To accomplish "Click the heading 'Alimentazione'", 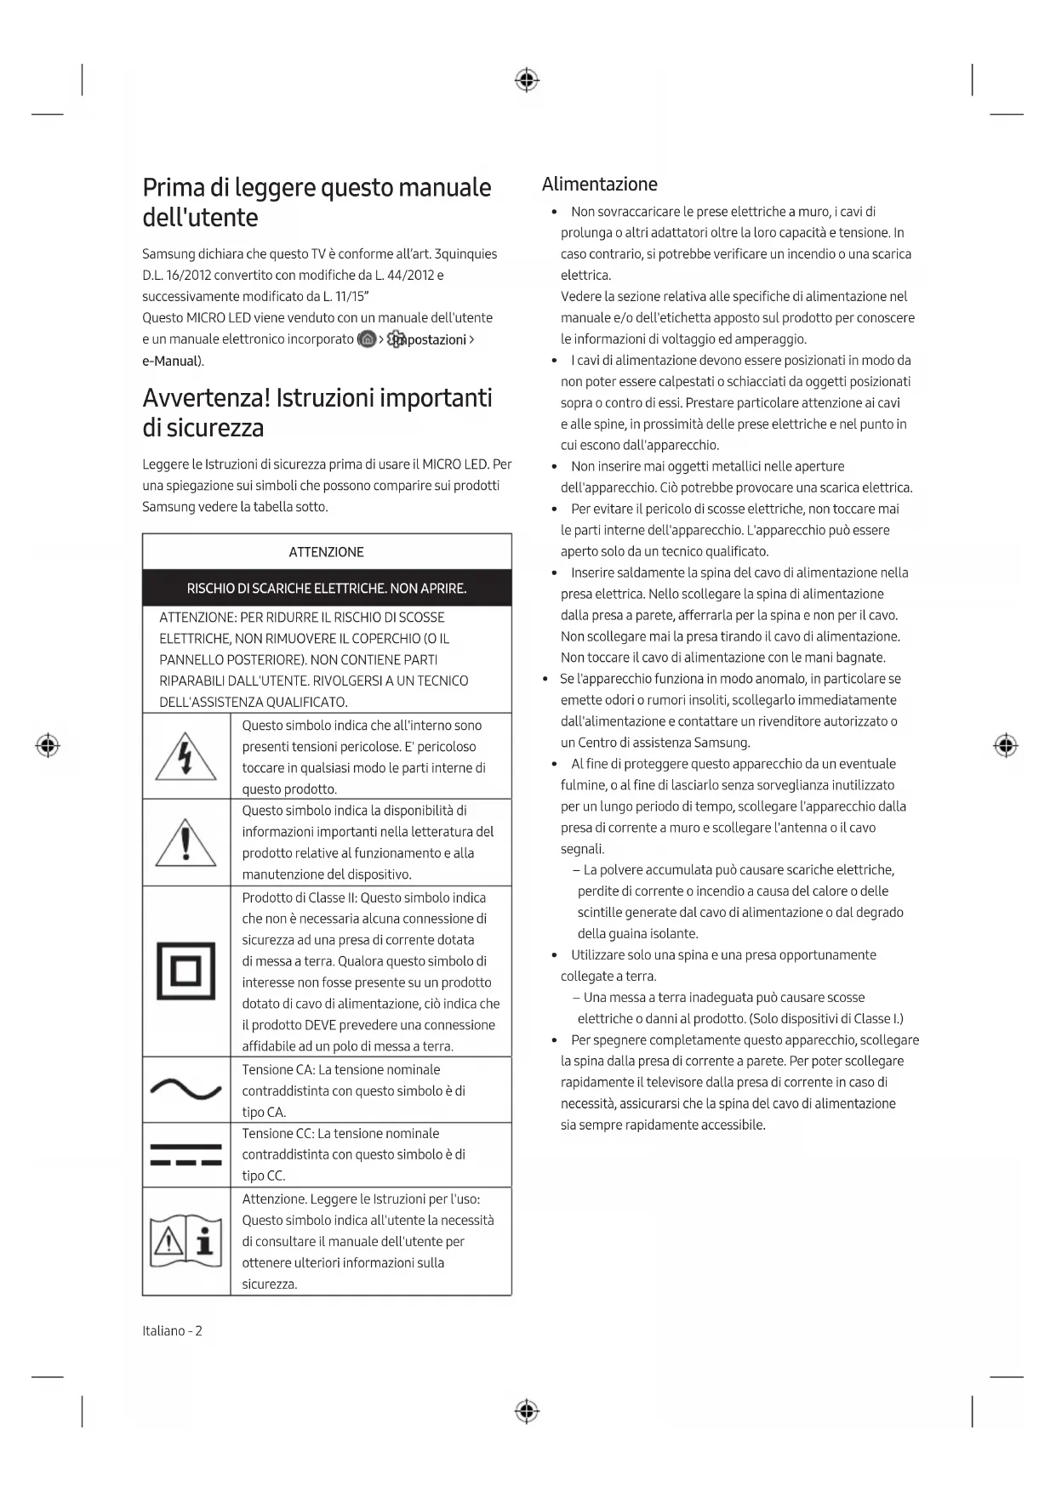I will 599,185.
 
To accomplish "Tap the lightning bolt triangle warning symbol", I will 186,756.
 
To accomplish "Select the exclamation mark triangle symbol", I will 186,843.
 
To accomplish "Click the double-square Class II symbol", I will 186,971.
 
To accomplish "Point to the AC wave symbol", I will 186,1089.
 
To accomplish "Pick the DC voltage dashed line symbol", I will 186,1155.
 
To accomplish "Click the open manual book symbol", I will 186,1241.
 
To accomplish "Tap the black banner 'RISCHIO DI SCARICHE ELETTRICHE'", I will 327,588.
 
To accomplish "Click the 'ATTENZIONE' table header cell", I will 327,552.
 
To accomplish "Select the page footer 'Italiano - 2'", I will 173,1330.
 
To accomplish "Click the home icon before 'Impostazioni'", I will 367,339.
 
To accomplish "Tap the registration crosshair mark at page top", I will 527,81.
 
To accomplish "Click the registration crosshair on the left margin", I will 48,746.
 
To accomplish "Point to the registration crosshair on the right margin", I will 1006,746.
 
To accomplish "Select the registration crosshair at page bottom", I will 527,1411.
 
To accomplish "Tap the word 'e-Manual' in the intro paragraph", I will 170,361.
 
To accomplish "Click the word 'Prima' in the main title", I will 174,188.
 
